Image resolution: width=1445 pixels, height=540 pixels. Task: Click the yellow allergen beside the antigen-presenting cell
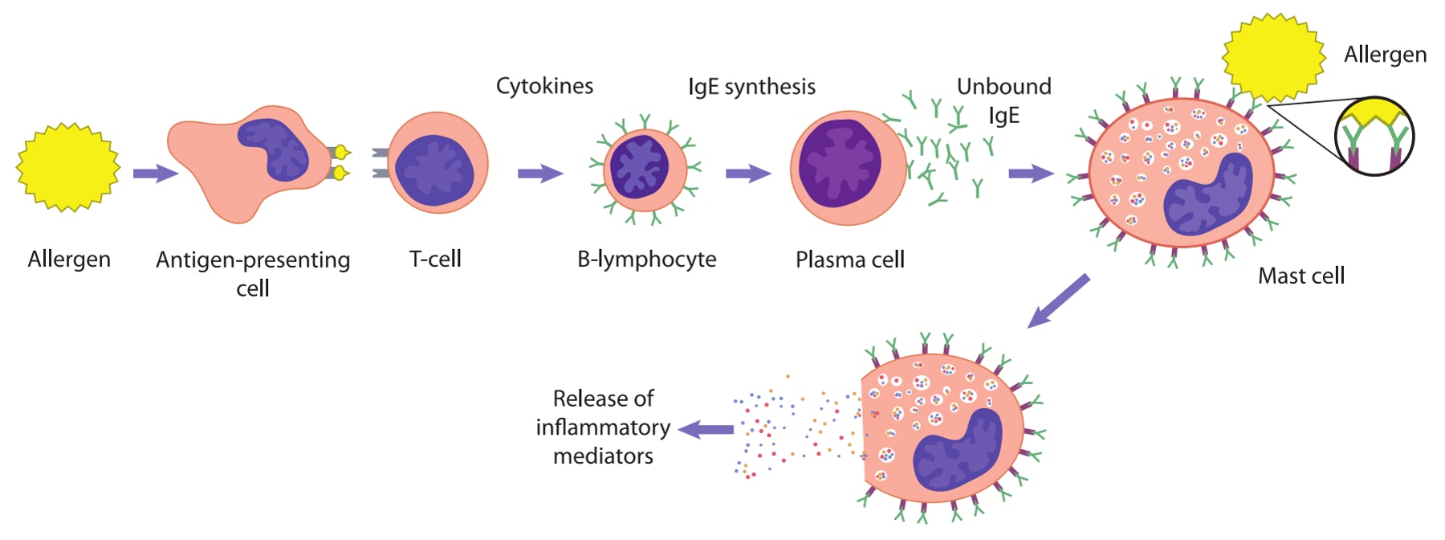pos(68,167)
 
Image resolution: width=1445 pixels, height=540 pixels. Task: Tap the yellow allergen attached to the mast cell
pos(1273,58)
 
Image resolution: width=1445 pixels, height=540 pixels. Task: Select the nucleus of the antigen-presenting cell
pos(274,149)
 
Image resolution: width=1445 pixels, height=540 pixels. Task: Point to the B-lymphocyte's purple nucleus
pos(639,166)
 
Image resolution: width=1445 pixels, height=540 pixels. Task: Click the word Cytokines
pos(544,86)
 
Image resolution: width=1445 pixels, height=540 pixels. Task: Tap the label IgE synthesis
pos(751,87)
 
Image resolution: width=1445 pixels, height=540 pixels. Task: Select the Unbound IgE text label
pos(1003,100)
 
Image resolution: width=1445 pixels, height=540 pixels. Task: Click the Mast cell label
pos(1300,276)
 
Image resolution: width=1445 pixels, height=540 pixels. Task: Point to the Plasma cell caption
pos(849,260)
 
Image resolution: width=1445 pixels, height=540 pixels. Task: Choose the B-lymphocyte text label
pos(646,259)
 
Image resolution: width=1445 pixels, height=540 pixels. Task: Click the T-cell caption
pos(435,259)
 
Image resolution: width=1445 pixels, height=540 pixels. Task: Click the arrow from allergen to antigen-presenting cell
pos(155,174)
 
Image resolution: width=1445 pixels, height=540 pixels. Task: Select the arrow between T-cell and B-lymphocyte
pos(540,174)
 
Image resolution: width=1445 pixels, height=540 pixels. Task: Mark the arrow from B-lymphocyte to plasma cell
pos(748,174)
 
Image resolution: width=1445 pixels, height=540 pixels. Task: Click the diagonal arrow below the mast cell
pos(1059,301)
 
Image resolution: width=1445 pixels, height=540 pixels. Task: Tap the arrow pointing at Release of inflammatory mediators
pos(706,430)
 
